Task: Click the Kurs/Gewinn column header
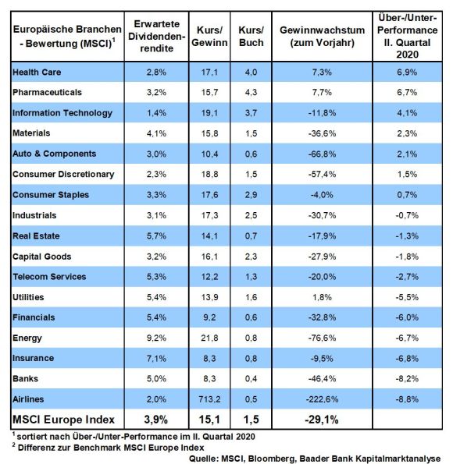click(209, 37)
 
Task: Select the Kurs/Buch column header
click(251, 37)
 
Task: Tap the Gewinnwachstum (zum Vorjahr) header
click(322, 37)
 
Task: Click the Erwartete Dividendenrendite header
click(156, 37)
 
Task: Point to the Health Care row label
click(37, 73)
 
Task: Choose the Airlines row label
click(28, 399)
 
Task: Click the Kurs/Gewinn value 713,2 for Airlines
click(209, 399)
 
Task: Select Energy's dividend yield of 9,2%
click(156, 338)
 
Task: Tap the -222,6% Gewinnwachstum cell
click(322, 399)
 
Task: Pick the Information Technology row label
click(62, 113)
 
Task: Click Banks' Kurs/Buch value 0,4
click(251, 379)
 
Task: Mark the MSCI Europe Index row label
click(63, 420)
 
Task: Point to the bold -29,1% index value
click(322, 420)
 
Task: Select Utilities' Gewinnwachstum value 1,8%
click(322, 297)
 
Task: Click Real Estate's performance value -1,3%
click(407, 236)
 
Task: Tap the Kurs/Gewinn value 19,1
click(209, 113)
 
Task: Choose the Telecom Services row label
click(49, 277)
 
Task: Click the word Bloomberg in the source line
click(272, 459)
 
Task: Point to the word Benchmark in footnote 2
click(97, 448)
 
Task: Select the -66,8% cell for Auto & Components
click(322, 154)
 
